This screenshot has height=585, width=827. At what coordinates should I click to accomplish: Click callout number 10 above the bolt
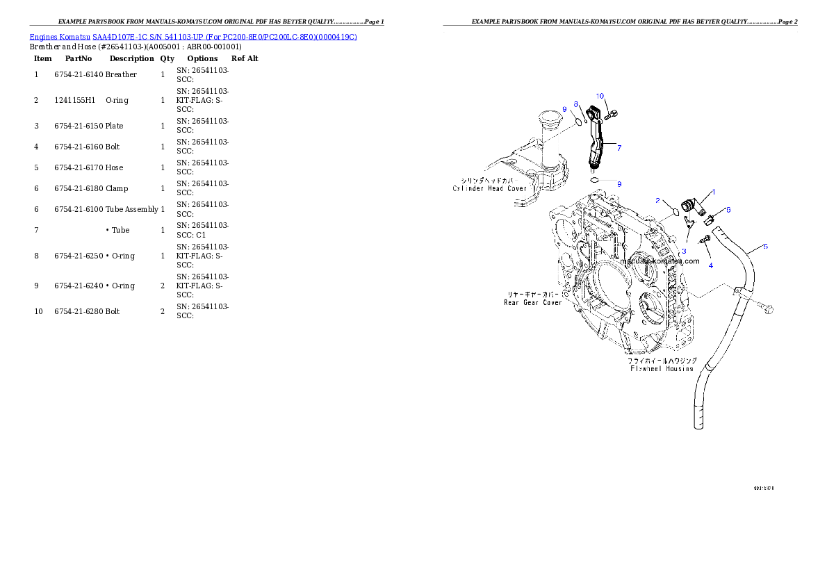click(x=600, y=96)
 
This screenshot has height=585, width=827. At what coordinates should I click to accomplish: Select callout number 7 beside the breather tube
click(x=619, y=147)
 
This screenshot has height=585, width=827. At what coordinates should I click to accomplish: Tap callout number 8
click(x=575, y=104)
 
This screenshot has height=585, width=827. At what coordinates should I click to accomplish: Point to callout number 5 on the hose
click(x=766, y=247)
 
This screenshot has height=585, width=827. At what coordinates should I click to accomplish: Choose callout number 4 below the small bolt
click(x=710, y=265)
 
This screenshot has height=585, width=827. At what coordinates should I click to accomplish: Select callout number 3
click(x=684, y=251)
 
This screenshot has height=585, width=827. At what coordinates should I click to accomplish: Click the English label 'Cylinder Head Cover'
click(x=490, y=188)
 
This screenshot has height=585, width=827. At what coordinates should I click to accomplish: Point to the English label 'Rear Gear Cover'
click(x=533, y=302)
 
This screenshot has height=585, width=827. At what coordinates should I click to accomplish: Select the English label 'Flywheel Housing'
click(x=661, y=369)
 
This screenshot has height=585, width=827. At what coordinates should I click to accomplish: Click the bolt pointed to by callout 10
click(x=612, y=114)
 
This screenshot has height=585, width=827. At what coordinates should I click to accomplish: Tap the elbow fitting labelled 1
click(x=691, y=206)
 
